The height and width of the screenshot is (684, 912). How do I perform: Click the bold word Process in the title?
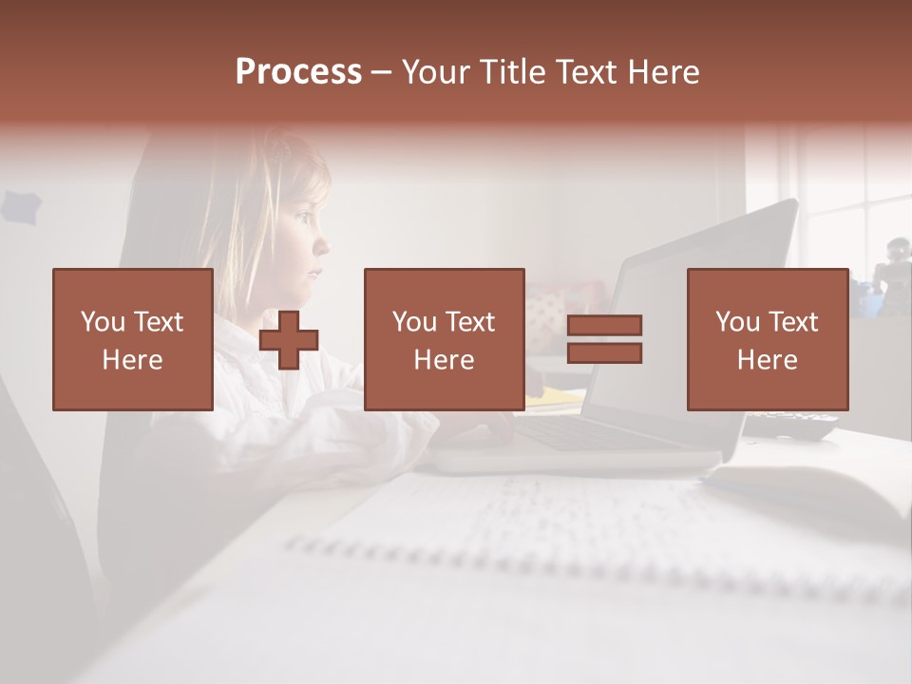[x=298, y=72]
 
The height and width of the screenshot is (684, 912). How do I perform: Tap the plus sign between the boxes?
[x=289, y=339]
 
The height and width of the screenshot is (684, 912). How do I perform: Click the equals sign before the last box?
[x=604, y=339]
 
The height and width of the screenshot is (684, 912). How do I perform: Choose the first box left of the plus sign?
[x=132, y=339]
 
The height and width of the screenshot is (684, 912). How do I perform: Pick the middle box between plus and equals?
[x=444, y=339]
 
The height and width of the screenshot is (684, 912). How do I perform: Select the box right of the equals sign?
[x=767, y=339]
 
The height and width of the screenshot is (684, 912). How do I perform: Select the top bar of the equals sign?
[x=604, y=325]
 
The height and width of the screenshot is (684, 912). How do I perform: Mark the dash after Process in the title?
[x=380, y=72]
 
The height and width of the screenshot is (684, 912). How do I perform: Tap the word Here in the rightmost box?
[x=767, y=360]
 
